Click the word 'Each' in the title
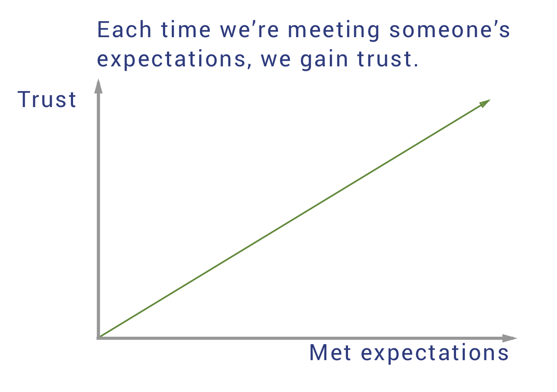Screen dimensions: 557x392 pyautogui.click(x=124, y=30)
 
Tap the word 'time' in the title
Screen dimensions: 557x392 pyautogui.click(x=186, y=30)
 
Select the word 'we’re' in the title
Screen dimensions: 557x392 pyautogui.click(x=249, y=30)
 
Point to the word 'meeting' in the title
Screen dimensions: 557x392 pyautogui.click(x=333, y=31)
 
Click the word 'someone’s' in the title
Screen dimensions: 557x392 pyautogui.click(x=449, y=30)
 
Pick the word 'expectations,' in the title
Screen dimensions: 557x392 pyautogui.click(x=174, y=60)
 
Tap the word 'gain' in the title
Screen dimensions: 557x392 pyautogui.click(x=324, y=60)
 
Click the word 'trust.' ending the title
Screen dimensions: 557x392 pyautogui.click(x=387, y=59)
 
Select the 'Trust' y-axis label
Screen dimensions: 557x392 pyautogui.click(x=47, y=100)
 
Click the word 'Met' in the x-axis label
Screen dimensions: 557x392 pyautogui.click(x=330, y=352)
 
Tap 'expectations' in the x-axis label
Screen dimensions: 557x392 pyautogui.click(x=435, y=354)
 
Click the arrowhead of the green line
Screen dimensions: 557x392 pyautogui.click(x=484, y=103)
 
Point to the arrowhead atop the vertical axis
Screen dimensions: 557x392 pyautogui.click(x=98, y=86)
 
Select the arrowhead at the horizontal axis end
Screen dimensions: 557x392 pyautogui.click(x=510, y=338)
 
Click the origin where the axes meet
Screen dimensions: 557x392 pyautogui.click(x=98, y=338)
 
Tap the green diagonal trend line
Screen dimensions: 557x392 pyautogui.click(x=294, y=219)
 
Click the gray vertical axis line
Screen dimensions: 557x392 pyautogui.click(x=98, y=209)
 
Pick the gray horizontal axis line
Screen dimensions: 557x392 pyautogui.click(x=307, y=338)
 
